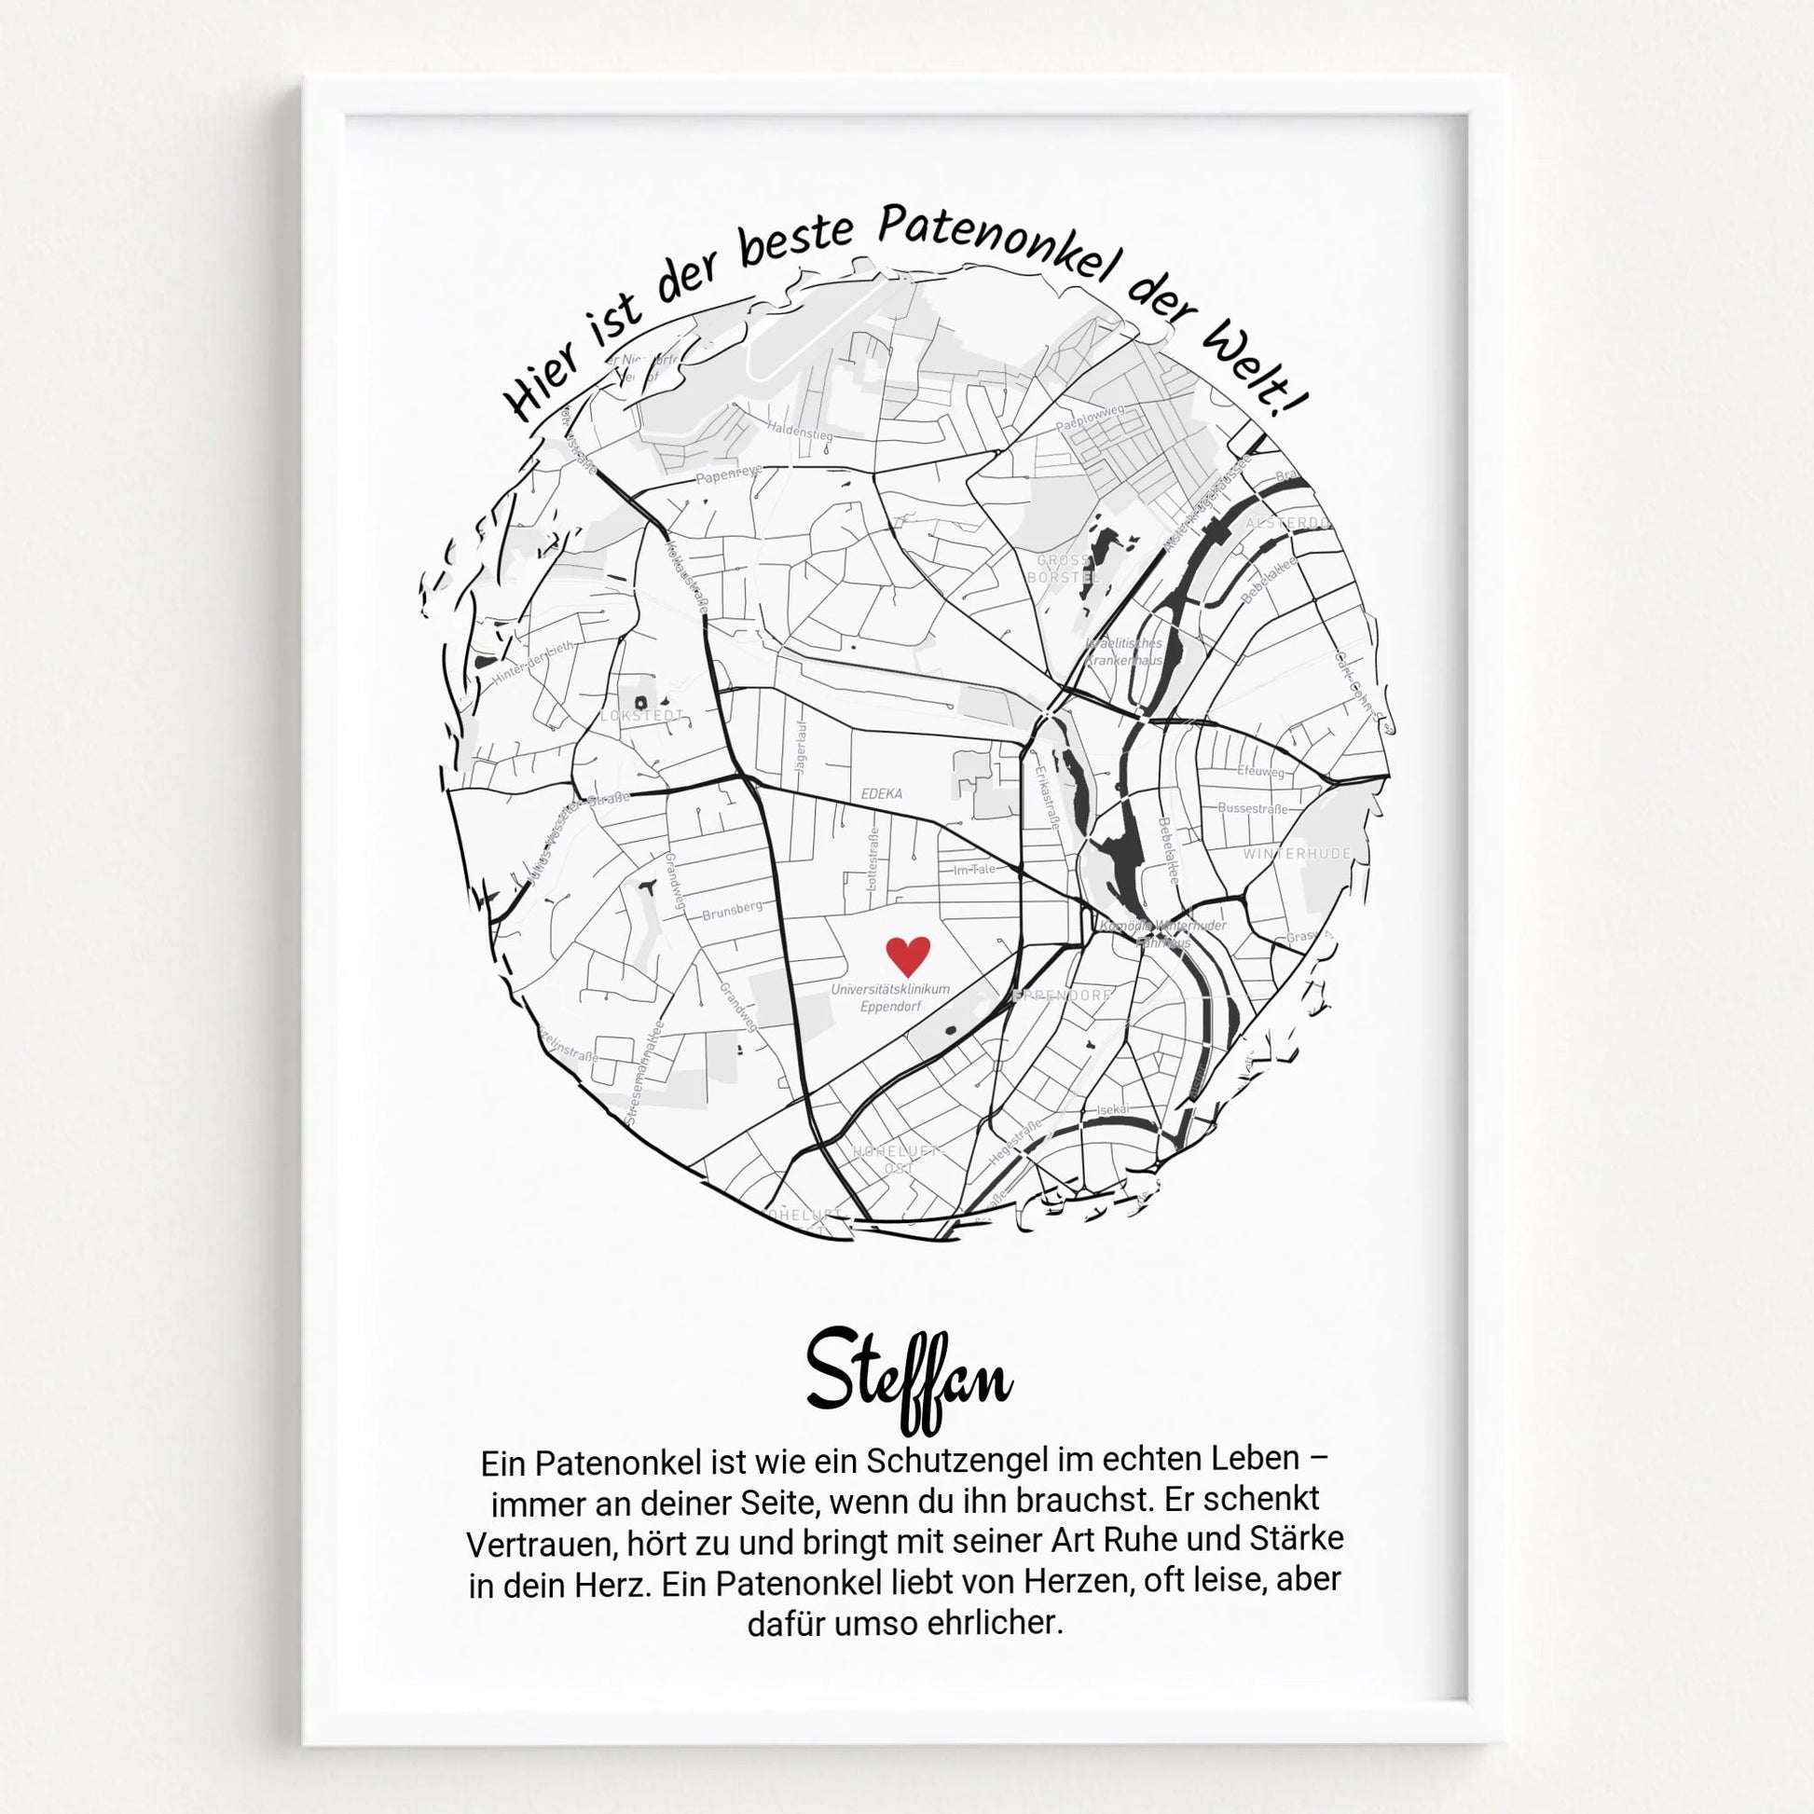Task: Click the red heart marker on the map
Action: (908, 954)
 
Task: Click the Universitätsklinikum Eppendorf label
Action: (890, 998)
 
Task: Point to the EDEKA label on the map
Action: (882, 793)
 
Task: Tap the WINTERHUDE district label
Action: (1297, 854)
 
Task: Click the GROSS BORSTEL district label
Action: (1062, 569)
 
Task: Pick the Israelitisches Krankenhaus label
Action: (1124, 652)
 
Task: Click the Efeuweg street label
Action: (1260, 771)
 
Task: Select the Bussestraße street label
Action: (1253, 807)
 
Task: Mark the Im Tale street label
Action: (974, 870)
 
